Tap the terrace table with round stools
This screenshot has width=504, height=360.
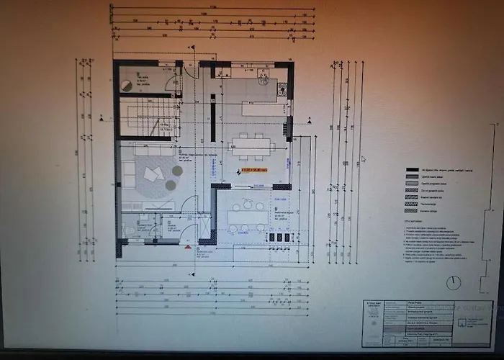click(x=247, y=216)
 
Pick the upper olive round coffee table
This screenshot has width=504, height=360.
click(x=177, y=171)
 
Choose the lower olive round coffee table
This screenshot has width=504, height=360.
click(x=171, y=185)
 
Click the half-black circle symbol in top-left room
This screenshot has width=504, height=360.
click(x=127, y=85)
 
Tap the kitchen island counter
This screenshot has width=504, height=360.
click(x=264, y=110)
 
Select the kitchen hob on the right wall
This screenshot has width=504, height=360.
click(x=282, y=90)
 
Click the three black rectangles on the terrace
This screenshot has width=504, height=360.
click(x=279, y=237)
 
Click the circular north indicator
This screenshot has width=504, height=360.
click(x=453, y=282)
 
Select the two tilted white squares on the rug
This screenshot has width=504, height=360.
click(x=153, y=174)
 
